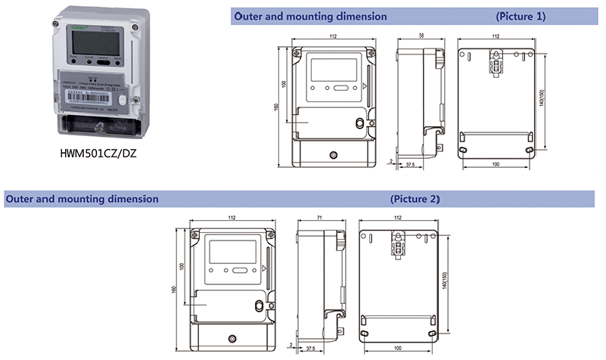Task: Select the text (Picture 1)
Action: click(x=520, y=16)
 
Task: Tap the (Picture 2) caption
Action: click(x=415, y=200)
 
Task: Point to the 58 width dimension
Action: click(x=420, y=37)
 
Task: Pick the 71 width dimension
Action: click(x=319, y=218)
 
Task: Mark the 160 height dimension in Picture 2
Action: click(x=175, y=289)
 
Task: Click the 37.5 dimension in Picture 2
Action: click(x=309, y=349)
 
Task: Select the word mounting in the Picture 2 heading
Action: click(x=77, y=200)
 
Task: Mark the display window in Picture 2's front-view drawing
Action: click(x=233, y=250)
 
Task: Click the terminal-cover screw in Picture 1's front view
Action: click(x=334, y=154)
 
